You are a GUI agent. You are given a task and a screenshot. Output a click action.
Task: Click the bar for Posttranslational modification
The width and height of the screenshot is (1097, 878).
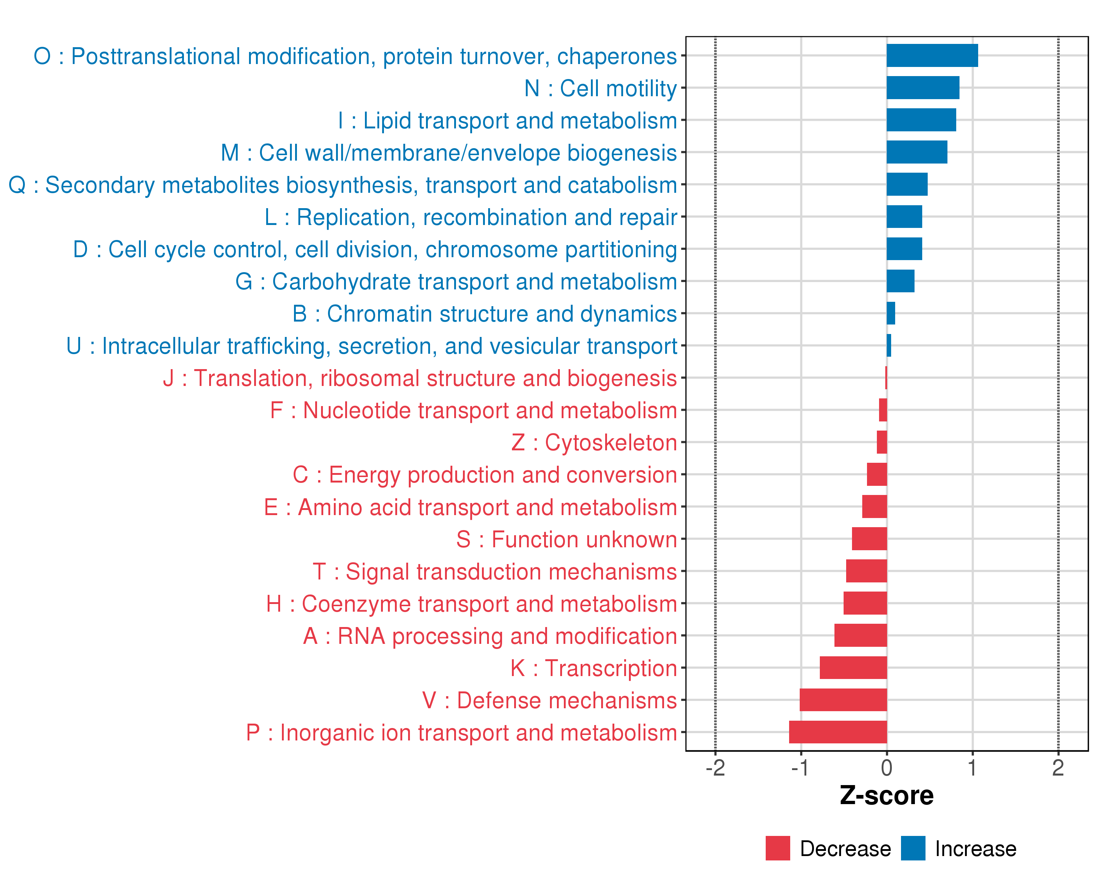coord(932,56)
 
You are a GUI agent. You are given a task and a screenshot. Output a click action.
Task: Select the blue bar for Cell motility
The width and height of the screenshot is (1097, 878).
coord(923,87)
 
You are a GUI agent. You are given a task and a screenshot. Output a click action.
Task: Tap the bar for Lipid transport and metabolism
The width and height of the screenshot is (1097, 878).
coord(921,120)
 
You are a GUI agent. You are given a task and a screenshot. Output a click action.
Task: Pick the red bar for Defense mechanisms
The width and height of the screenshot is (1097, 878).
coord(843,700)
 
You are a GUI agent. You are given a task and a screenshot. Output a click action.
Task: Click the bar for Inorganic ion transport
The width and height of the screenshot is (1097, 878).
coord(838,732)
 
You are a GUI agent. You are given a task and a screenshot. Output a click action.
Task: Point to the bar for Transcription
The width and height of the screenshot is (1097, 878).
coord(853,668)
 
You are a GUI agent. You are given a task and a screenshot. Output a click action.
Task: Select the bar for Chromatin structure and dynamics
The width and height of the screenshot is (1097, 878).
coord(891,313)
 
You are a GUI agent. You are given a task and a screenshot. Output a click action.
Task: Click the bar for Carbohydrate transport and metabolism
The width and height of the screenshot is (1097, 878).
coord(900,281)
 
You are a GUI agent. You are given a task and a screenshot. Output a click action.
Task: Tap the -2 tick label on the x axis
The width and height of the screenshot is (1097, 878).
coord(715,768)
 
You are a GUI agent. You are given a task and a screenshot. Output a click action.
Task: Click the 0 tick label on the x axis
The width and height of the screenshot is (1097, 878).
coord(886,768)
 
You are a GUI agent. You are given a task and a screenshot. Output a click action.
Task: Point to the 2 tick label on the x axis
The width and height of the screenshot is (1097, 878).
coord(1058,768)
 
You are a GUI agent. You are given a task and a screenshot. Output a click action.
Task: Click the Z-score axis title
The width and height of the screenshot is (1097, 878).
coord(886,796)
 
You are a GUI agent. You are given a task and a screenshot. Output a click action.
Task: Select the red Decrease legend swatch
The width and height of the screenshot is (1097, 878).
coord(777,848)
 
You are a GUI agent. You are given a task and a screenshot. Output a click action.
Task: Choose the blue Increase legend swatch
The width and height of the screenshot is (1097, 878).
coord(913,848)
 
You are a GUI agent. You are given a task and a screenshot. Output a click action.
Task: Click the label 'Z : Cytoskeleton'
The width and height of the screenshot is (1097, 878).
coord(594,442)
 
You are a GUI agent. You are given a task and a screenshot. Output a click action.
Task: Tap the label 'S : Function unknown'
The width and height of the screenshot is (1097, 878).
coord(566,539)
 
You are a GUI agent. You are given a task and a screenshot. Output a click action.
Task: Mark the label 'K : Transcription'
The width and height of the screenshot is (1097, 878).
coord(593,668)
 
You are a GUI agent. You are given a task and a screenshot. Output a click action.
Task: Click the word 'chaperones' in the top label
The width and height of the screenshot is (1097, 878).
coord(617,56)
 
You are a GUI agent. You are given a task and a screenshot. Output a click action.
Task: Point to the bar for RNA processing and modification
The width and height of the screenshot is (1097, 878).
coord(860,635)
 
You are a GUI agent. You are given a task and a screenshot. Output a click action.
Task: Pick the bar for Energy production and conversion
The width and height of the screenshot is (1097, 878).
coord(877,474)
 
